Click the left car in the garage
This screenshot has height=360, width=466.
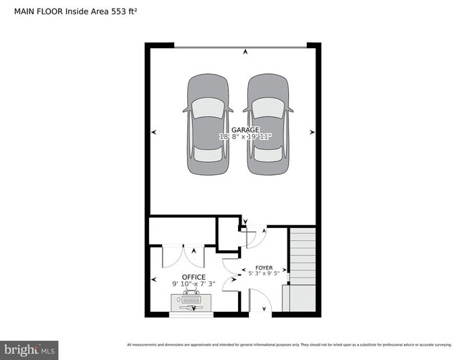point(208,125)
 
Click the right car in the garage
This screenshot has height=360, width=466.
point(269,125)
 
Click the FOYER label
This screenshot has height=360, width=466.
point(265,267)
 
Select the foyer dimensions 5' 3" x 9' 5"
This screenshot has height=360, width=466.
point(265,273)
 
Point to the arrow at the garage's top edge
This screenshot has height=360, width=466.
point(246,52)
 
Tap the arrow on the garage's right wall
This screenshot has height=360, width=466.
point(312,132)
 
